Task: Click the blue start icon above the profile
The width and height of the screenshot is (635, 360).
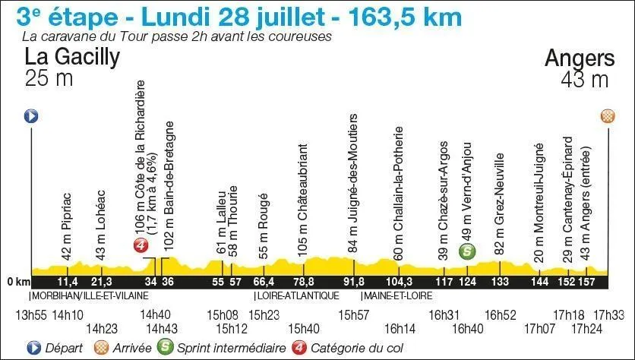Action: click(x=31, y=116)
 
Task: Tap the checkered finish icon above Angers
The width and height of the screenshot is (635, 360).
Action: click(x=608, y=116)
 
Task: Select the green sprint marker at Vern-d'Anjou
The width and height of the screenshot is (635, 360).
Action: click(x=469, y=251)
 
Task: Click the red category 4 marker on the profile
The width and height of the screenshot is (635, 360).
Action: click(x=140, y=245)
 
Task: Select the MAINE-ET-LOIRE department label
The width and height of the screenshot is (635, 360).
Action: click(x=394, y=295)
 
